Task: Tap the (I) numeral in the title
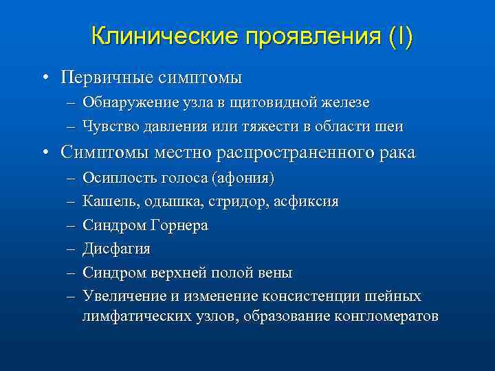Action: (x=401, y=36)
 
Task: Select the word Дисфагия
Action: (x=116, y=249)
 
